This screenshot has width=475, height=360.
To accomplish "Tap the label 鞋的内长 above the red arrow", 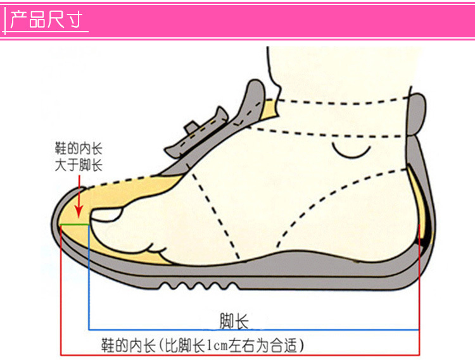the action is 79,149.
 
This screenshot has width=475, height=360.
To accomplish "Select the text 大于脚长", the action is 79,166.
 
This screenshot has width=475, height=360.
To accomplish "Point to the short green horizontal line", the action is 74,224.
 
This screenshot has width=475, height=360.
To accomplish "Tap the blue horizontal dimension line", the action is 253,330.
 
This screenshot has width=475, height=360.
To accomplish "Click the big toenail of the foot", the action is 107,215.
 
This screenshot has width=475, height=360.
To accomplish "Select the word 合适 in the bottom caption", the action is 284,345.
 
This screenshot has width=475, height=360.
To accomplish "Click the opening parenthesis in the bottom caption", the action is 161,345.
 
